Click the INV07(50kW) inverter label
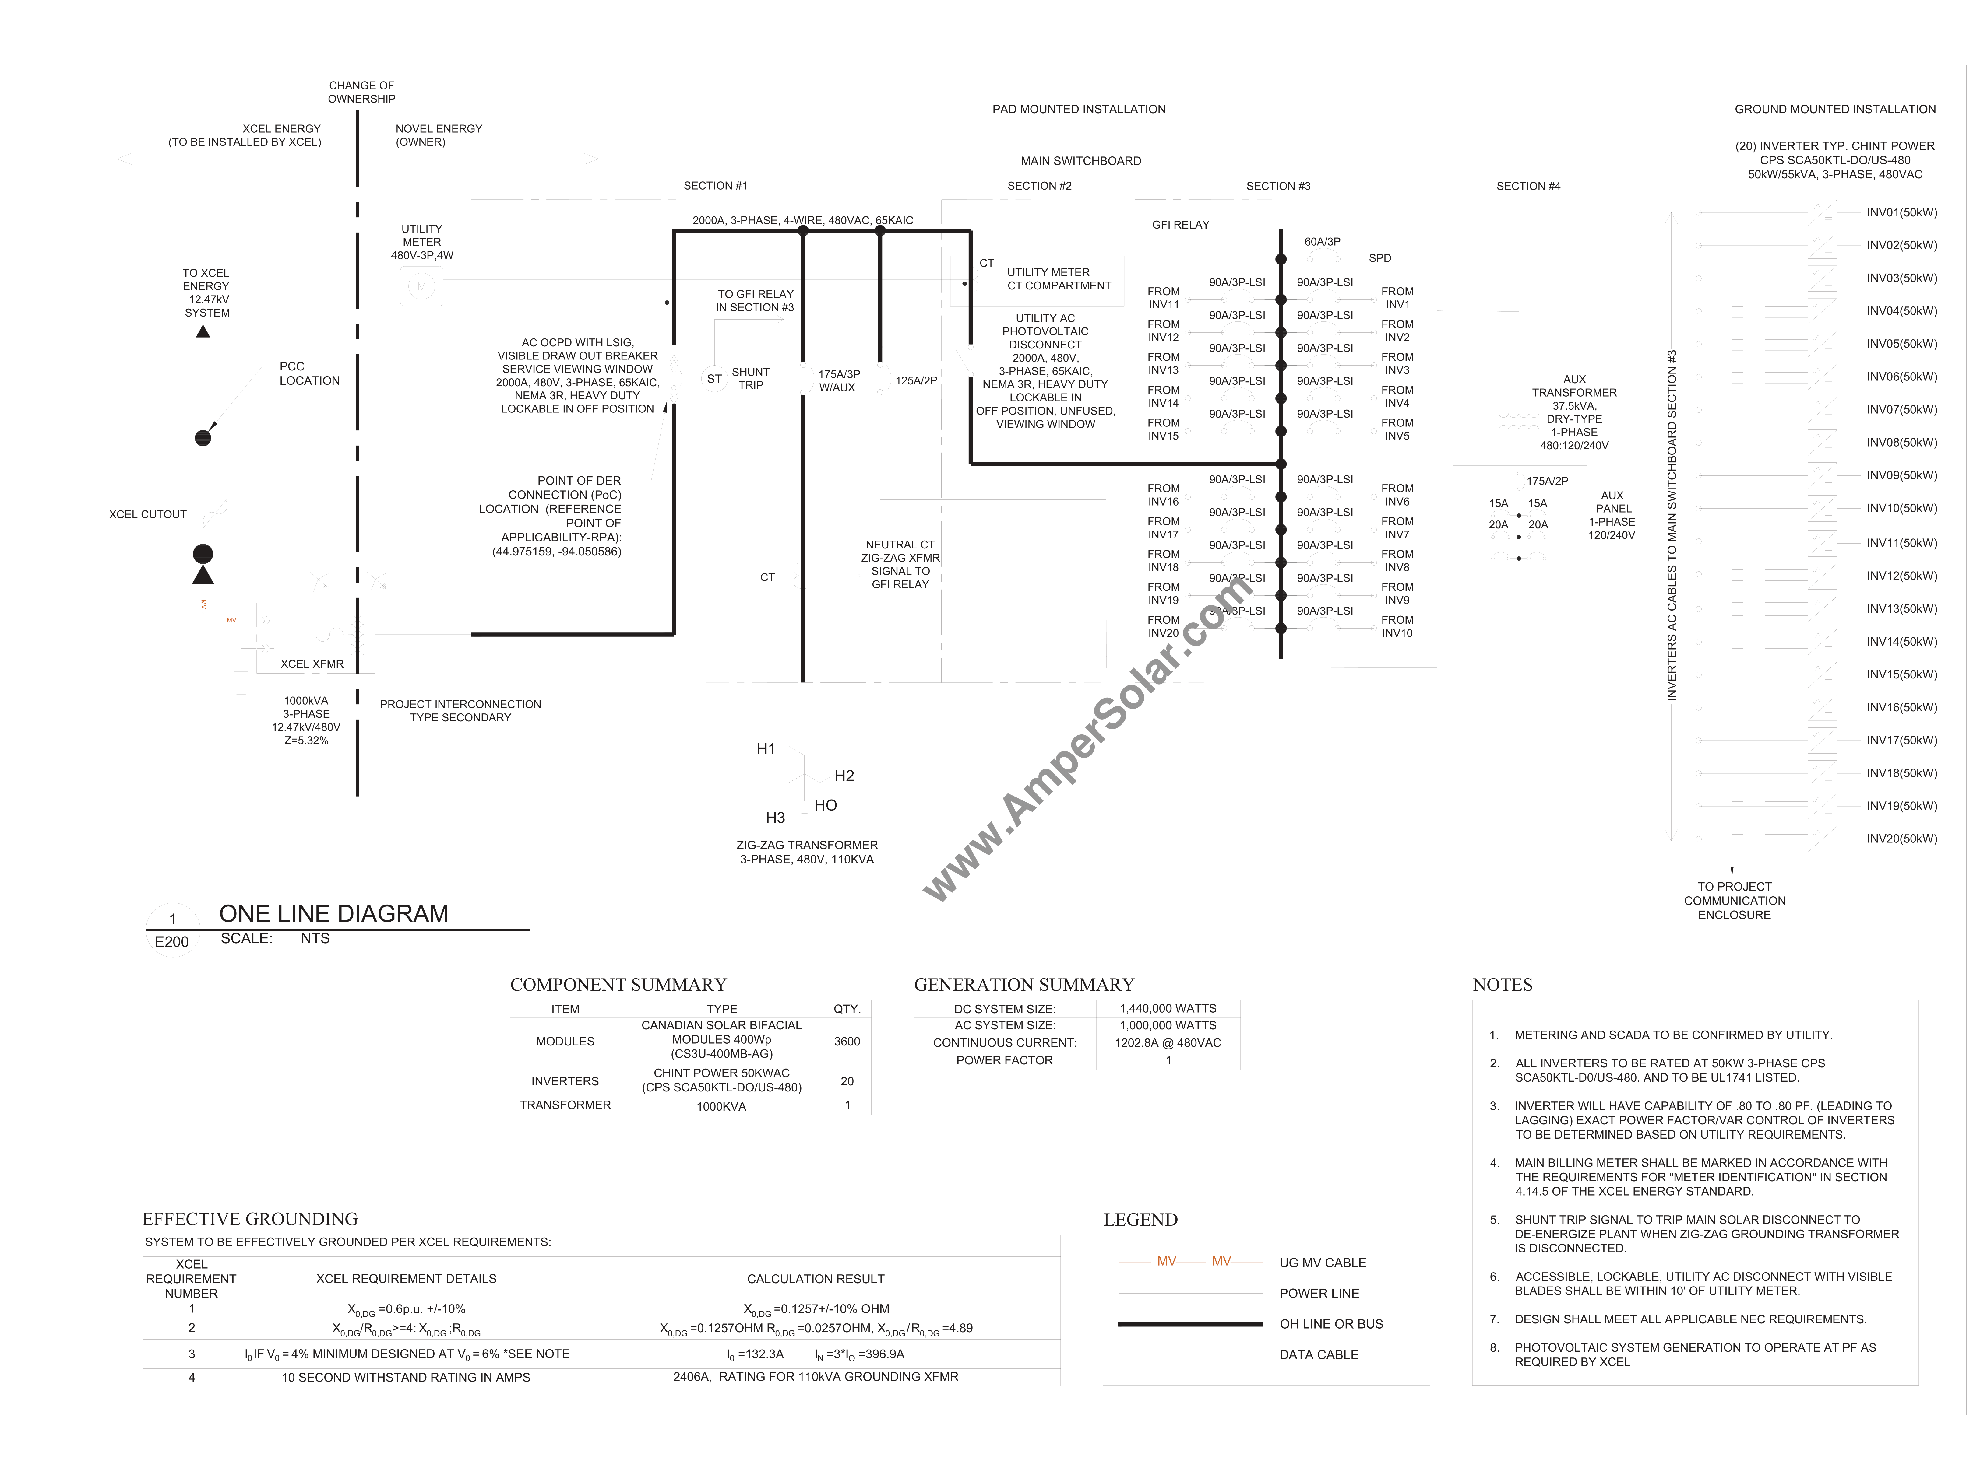click(x=1902, y=410)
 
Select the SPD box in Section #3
click(x=1380, y=258)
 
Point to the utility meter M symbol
click(x=421, y=286)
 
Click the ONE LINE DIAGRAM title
click(x=334, y=914)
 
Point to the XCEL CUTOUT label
click(x=148, y=515)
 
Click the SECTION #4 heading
click(x=1528, y=186)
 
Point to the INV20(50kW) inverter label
click(x=1902, y=839)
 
